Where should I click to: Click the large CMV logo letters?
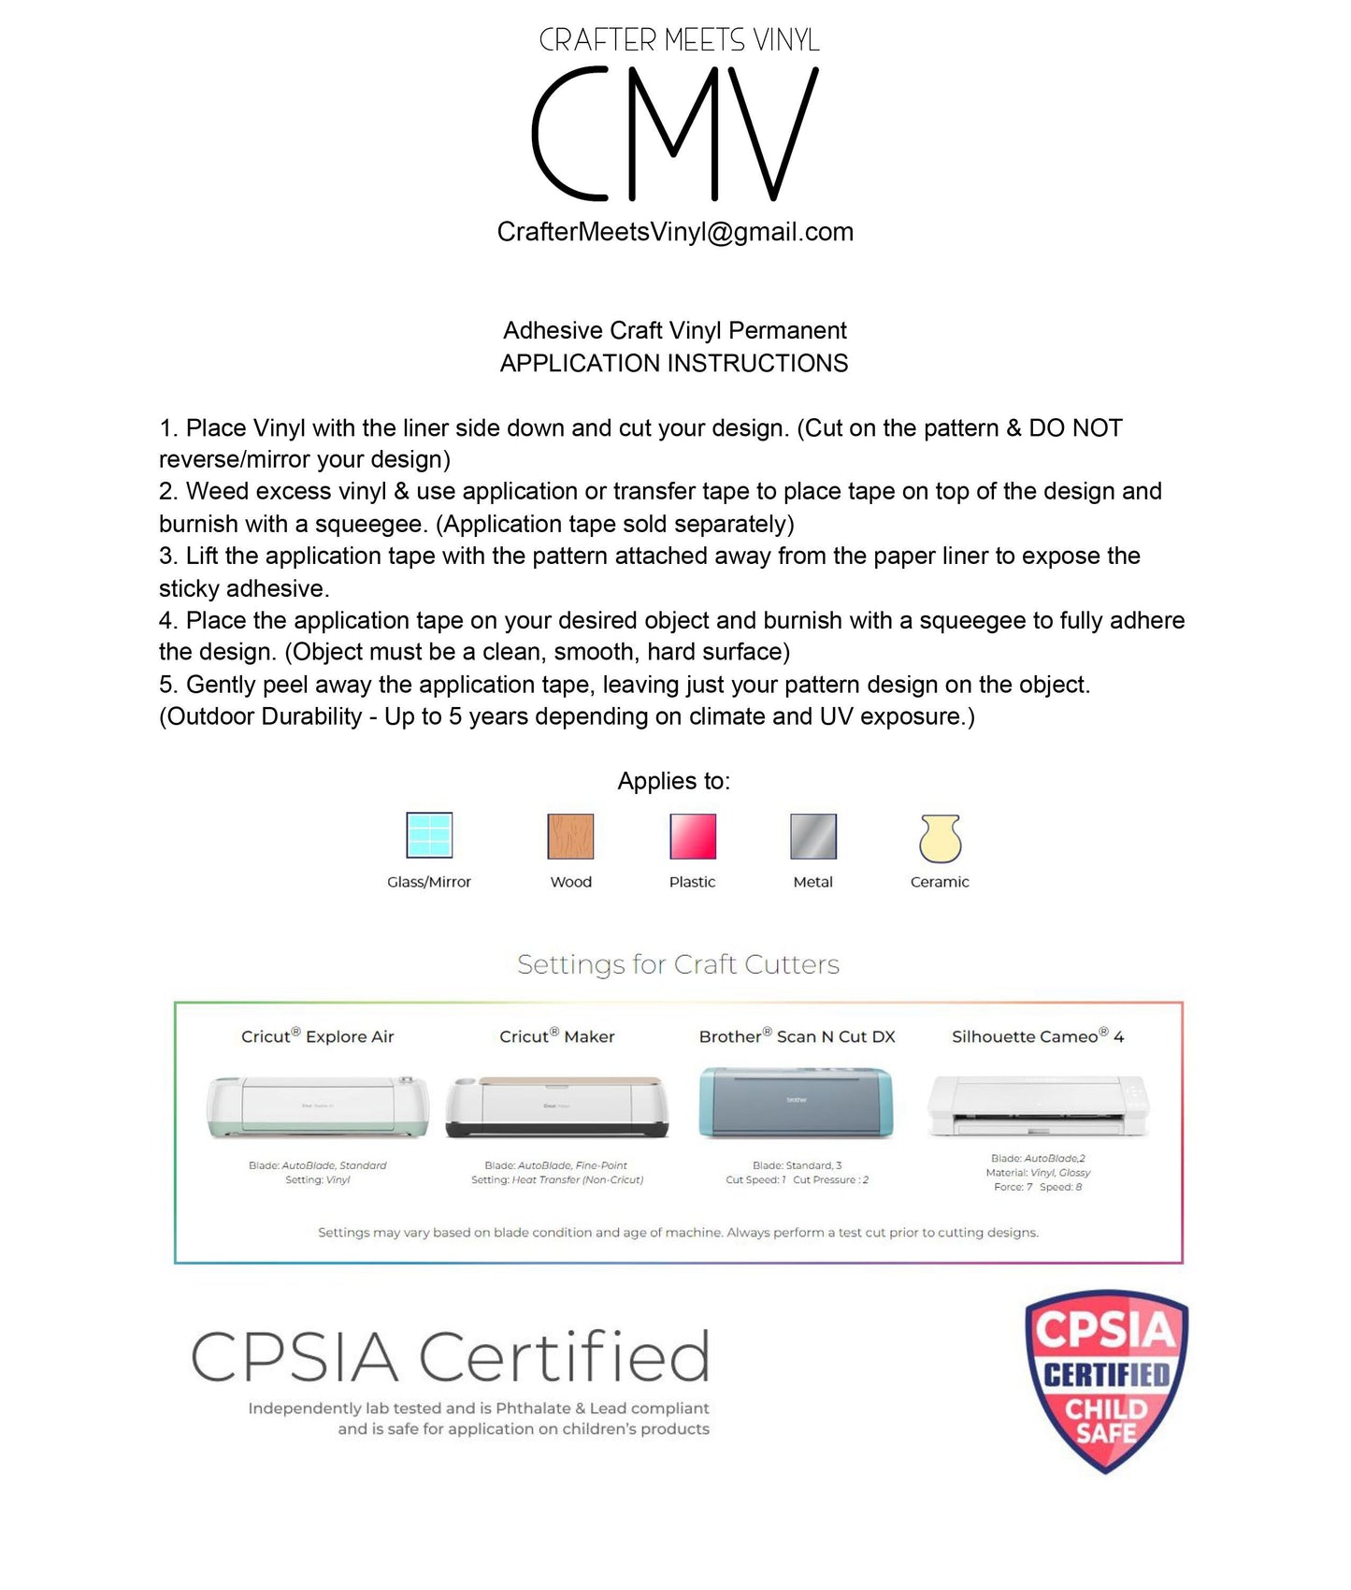pyautogui.click(x=675, y=134)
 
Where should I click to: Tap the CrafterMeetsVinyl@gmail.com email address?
pyautogui.click(x=675, y=232)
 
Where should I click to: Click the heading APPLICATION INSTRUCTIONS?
pyautogui.click(x=674, y=363)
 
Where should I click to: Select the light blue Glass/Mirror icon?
pyautogui.click(x=429, y=835)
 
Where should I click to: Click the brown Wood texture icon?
pyautogui.click(x=570, y=836)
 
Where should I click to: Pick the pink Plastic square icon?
pyautogui.click(x=693, y=836)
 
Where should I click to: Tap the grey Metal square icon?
pyautogui.click(x=813, y=836)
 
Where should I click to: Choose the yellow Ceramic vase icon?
pyautogui.click(x=941, y=838)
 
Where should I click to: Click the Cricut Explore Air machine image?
pyautogui.click(x=318, y=1106)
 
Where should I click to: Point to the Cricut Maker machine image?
pyautogui.click(x=557, y=1106)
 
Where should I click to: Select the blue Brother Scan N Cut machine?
pyautogui.click(x=797, y=1103)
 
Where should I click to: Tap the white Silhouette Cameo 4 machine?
pyautogui.click(x=1038, y=1106)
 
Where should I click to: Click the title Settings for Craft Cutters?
pyautogui.click(x=678, y=964)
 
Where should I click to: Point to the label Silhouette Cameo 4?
pyautogui.click(x=1038, y=1036)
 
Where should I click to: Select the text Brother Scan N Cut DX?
pyautogui.click(x=797, y=1036)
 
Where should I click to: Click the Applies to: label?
pyautogui.click(x=673, y=781)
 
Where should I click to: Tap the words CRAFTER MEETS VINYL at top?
pyautogui.click(x=679, y=40)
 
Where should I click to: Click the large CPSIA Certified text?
pyautogui.click(x=451, y=1357)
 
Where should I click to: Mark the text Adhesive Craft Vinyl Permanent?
pyautogui.click(x=674, y=330)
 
